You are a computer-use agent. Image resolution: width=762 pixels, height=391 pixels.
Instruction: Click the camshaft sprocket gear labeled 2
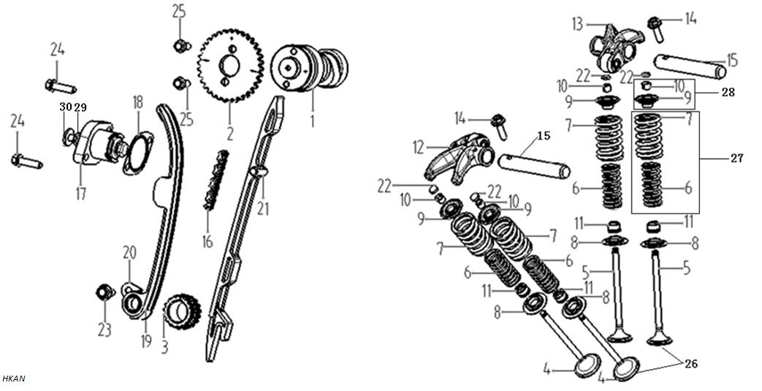230,66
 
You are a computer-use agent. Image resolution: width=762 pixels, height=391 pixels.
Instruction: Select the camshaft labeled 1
310,69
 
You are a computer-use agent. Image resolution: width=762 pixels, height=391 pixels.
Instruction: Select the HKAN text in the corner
14,379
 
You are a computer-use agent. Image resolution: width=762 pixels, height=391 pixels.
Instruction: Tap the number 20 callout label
129,253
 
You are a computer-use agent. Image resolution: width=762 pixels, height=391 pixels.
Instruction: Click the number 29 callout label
81,107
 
